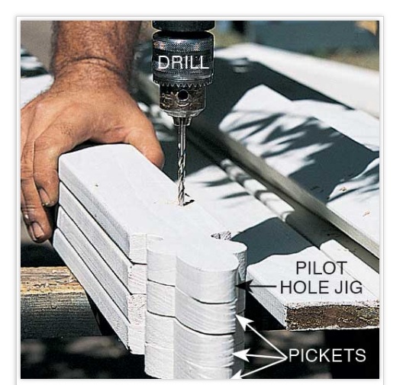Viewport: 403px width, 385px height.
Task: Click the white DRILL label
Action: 182,62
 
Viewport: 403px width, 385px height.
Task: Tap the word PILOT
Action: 321,268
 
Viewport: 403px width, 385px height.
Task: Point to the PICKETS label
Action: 327,355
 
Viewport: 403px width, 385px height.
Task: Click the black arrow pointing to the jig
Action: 256,286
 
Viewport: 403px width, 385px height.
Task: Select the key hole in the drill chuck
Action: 183,96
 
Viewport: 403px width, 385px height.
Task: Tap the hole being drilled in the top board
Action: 184,202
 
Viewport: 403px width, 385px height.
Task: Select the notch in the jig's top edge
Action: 221,236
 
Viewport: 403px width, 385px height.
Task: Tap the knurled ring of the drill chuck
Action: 183,44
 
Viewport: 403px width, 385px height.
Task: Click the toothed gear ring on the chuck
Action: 183,82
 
